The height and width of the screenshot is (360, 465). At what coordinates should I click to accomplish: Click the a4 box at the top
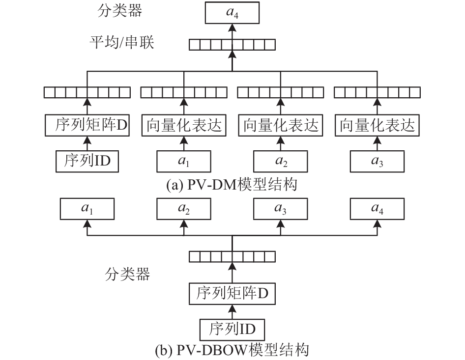[232, 13]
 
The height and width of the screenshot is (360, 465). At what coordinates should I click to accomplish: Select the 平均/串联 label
[122, 42]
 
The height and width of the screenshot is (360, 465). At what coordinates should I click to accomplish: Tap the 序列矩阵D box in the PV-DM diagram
[87, 125]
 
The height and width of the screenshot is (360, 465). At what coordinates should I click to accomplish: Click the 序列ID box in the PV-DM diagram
[87, 162]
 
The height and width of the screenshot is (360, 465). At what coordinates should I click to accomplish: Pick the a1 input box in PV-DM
[184, 162]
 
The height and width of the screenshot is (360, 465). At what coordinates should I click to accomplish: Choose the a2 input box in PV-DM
[281, 162]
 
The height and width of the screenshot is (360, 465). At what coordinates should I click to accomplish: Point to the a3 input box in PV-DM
[377, 162]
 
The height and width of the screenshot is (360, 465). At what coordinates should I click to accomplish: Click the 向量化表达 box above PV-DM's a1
[184, 125]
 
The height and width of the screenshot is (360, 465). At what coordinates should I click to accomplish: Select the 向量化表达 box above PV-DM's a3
[377, 125]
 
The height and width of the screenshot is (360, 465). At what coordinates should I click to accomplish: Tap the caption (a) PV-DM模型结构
[232, 185]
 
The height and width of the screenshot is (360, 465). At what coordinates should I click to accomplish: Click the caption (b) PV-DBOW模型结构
[232, 350]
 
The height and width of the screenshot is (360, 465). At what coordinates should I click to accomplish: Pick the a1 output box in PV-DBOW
[87, 209]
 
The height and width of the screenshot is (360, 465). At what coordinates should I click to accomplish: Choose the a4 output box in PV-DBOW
[377, 209]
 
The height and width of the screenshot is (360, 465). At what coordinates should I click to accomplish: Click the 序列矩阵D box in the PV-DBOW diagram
[232, 294]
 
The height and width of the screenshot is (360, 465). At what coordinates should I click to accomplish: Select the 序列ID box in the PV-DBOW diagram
[232, 330]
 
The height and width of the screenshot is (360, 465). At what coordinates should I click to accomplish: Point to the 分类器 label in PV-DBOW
[127, 274]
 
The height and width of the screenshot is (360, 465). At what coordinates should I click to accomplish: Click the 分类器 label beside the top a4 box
[120, 10]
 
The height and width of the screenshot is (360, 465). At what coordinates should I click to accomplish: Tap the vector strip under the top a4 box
[232, 45]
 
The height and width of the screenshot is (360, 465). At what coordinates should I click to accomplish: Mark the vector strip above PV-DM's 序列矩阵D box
[87, 92]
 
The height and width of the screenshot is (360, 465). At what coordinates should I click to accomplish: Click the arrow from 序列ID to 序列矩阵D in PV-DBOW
[232, 312]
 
